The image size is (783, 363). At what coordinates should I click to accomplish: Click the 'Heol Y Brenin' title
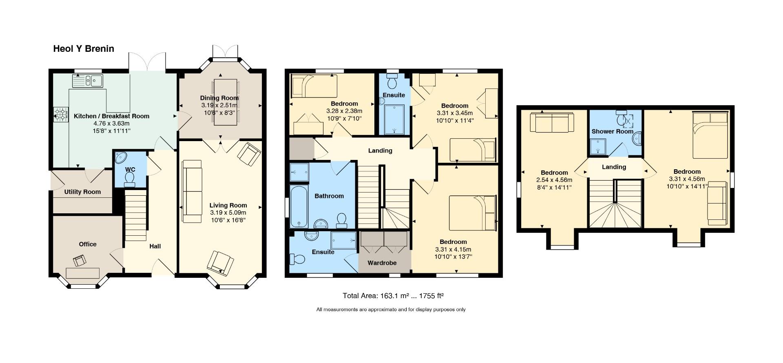click(x=84, y=49)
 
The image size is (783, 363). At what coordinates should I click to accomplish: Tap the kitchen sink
click(x=88, y=81)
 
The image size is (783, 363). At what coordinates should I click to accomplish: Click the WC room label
click(x=130, y=169)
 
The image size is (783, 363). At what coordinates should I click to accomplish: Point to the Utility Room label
click(x=82, y=192)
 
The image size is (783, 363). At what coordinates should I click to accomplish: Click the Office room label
click(x=88, y=244)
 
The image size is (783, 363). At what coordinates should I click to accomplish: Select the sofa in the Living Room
click(x=192, y=191)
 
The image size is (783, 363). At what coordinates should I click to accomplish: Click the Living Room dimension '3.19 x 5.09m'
click(x=228, y=212)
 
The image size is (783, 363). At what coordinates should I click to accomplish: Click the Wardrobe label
click(x=382, y=263)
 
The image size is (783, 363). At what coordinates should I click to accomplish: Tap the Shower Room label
click(x=612, y=131)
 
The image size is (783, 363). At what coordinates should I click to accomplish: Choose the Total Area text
click(x=393, y=296)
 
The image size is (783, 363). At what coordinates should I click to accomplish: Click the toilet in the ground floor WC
click(x=130, y=179)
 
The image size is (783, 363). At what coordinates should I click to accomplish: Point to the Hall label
click(x=155, y=246)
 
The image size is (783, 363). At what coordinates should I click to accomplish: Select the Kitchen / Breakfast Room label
click(x=111, y=116)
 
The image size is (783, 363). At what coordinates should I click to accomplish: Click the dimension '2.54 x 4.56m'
click(x=554, y=180)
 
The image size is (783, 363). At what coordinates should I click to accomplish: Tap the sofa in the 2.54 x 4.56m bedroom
click(x=552, y=123)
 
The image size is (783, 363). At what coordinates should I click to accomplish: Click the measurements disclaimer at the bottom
click(x=391, y=310)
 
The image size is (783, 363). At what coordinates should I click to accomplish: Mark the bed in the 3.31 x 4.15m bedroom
click(x=473, y=213)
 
